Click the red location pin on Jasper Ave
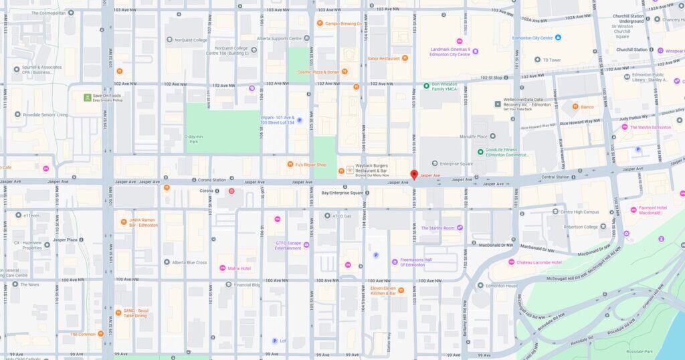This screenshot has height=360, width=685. [414, 175]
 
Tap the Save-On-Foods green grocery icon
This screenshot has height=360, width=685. [88, 98]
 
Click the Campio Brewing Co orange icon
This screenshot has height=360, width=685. [320, 23]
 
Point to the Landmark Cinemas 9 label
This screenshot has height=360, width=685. [450, 52]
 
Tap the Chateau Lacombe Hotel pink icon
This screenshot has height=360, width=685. [511, 262]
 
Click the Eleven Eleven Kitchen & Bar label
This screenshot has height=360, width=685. [383, 290]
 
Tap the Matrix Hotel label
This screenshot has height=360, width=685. [239, 268]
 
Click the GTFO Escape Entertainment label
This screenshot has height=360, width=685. [288, 246]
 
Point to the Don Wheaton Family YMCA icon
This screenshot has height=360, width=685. [426, 86]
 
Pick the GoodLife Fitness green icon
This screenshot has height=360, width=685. [479, 152]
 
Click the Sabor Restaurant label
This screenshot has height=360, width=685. [383, 58]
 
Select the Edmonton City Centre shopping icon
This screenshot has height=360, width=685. [558, 38]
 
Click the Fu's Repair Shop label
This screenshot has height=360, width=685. [311, 165]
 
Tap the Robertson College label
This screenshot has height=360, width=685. [581, 227]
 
